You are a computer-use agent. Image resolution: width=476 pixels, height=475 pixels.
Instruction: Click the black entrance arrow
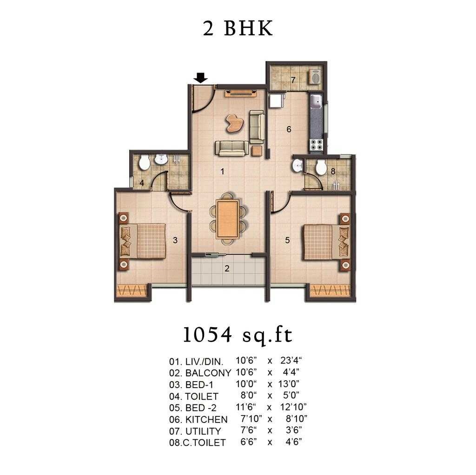point(201,78)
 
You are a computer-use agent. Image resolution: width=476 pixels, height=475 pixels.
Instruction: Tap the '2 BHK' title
point(238,29)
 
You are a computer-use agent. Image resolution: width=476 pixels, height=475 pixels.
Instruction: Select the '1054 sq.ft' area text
point(238,335)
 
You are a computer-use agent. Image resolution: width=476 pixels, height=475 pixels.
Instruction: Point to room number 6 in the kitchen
point(289,130)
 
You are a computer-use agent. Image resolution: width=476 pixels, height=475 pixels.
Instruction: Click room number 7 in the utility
point(293,80)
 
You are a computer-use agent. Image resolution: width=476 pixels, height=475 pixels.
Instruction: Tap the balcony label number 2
point(227,268)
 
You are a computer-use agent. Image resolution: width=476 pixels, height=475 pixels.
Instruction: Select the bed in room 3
point(144,241)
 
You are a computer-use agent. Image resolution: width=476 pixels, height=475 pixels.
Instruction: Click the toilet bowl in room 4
point(145,162)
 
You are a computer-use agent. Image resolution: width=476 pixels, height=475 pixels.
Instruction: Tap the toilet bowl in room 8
point(321,167)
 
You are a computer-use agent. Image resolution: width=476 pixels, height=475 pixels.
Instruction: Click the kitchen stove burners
point(317,145)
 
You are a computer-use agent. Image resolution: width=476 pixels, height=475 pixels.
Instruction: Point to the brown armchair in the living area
point(234,122)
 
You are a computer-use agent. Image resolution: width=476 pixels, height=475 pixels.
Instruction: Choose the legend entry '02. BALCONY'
point(200,373)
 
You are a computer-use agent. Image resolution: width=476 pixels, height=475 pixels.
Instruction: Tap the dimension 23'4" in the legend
point(292,361)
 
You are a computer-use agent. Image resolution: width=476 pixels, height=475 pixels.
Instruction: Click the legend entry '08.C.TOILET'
point(198,443)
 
